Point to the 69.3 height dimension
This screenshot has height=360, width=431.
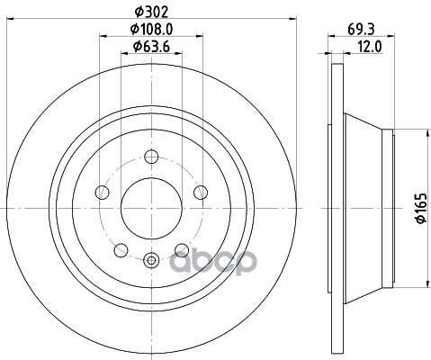[x=361, y=29]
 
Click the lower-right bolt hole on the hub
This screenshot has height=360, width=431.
[x=181, y=249]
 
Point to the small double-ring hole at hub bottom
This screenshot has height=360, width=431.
[x=151, y=261]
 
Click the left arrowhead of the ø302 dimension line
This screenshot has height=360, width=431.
[x=9, y=20]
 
